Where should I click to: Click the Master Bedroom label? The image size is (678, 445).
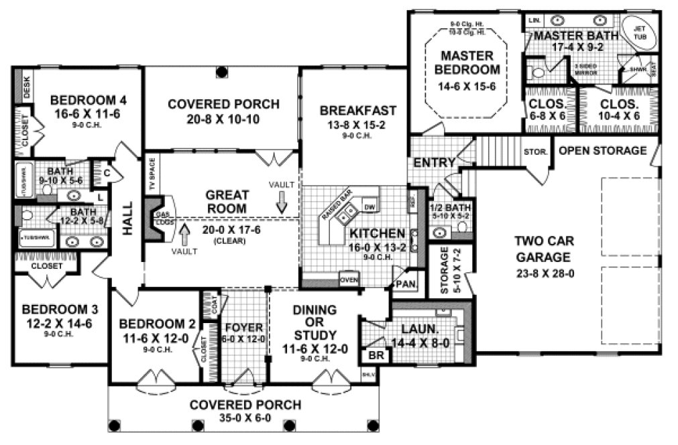[x=467, y=62]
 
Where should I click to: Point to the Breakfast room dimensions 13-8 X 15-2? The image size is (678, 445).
[x=357, y=125]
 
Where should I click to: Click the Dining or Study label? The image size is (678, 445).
[x=315, y=322]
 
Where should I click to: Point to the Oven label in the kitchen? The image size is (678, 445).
[x=348, y=280]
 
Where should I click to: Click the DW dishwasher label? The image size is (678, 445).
[x=369, y=206]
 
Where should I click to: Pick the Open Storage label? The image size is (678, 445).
[x=602, y=150]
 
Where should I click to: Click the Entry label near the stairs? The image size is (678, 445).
[x=435, y=163]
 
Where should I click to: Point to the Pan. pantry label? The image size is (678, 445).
[x=407, y=283]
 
